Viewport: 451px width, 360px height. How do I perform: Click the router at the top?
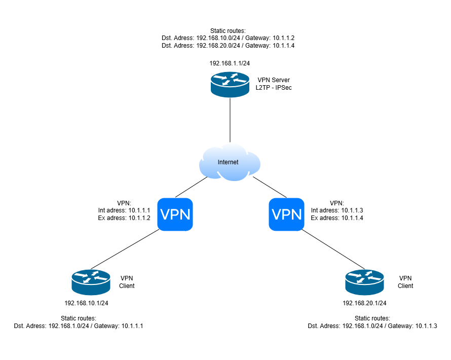tap(230, 84)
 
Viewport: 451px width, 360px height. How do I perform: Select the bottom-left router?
tap(91, 282)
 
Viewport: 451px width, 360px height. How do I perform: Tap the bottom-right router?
tap(364, 282)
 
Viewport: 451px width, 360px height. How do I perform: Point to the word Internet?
tap(228, 162)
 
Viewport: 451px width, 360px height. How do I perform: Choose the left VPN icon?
tap(175, 214)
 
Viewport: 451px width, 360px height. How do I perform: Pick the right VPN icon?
tap(286, 214)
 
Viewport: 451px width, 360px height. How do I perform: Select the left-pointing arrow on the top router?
tap(241, 81)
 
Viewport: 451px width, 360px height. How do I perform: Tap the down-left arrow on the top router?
tap(225, 83)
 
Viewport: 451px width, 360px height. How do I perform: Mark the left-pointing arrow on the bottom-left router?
tap(101, 278)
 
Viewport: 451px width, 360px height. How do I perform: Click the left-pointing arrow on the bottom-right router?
tap(375, 278)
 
